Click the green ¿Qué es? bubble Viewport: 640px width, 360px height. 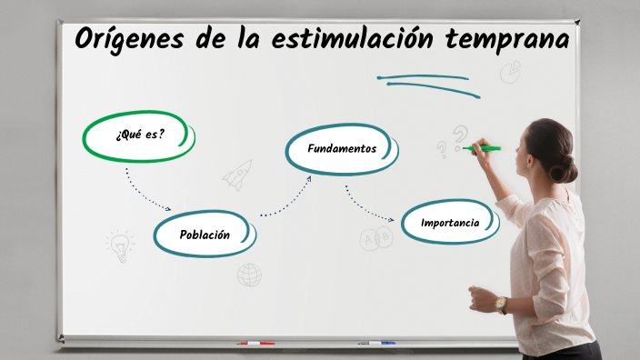[139, 135]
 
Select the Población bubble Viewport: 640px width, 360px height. [205, 235]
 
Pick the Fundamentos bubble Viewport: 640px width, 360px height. [342, 148]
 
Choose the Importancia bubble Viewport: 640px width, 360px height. [450, 223]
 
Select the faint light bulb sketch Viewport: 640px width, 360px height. [119, 243]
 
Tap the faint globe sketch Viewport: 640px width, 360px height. [249, 275]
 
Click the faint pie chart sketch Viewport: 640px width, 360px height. [510, 71]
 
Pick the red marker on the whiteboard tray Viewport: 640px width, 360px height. [255, 344]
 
